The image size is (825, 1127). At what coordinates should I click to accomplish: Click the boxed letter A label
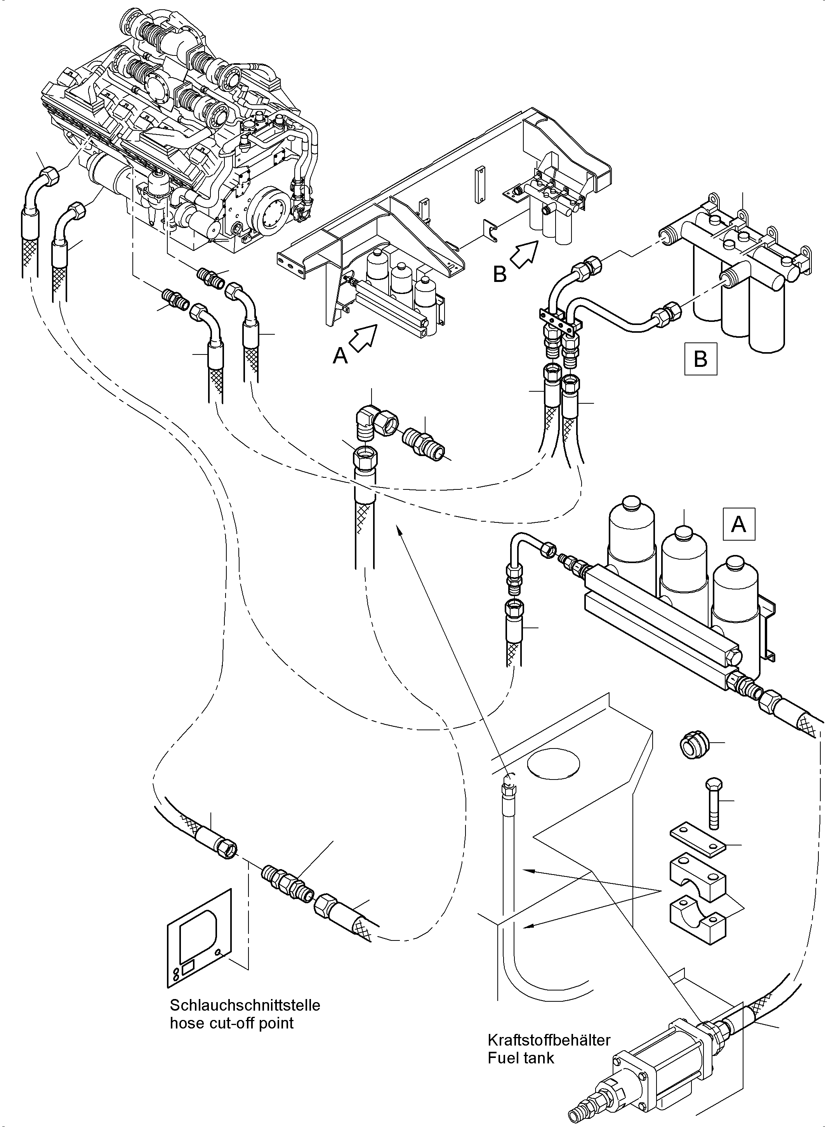[738, 524]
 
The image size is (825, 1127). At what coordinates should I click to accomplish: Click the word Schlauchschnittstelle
[245, 1005]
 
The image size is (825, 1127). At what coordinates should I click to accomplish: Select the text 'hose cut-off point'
[232, 1023]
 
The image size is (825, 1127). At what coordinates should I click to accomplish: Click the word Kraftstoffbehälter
[549, 1040]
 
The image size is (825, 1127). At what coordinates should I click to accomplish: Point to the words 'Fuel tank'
[521, 1058]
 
